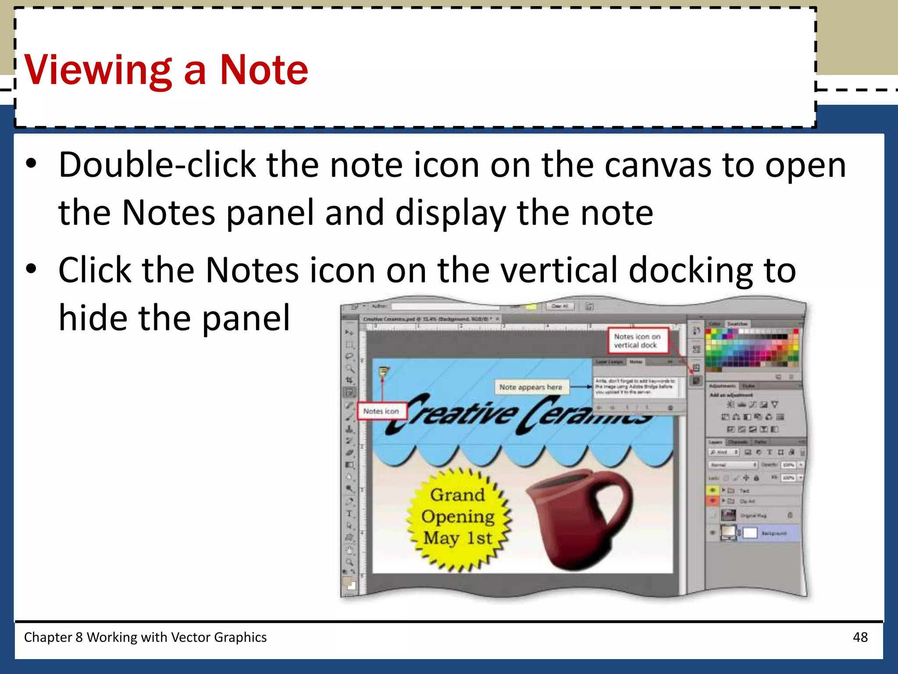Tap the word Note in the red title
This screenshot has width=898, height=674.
pos(264,70)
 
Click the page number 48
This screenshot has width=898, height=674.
pos(860,637)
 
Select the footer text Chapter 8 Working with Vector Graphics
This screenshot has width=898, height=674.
pos(145,637)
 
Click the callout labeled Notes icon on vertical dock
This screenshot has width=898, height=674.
pos(637,341)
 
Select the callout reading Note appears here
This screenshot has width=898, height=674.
pos(531,387)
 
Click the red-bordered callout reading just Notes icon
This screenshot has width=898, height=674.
pos(381,411)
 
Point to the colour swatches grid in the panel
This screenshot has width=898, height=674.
pos(752,348)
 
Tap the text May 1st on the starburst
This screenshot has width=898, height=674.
pos(458,538)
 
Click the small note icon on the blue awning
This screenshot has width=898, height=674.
pos(384,372)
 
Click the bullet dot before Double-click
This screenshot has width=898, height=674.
pos(31,164)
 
